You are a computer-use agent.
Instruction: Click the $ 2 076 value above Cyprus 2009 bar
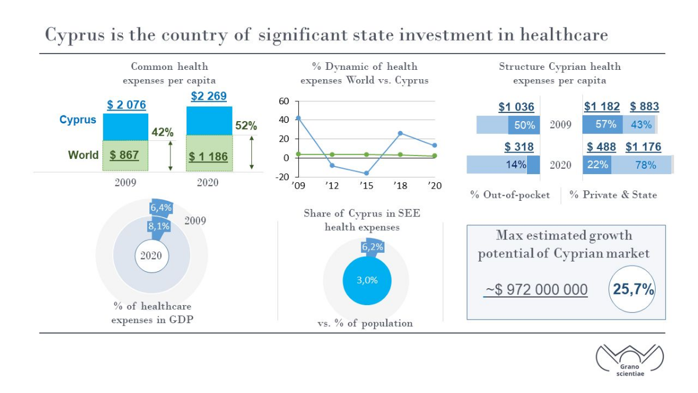(126, 105)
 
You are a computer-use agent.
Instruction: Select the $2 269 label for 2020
(209, 96)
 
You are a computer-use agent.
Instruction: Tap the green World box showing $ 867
(125, 155)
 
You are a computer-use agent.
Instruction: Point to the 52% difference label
(246, 125)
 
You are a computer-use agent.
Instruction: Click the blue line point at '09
(298, 118)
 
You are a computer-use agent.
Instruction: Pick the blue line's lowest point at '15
(366, 173)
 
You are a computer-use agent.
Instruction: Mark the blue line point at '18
(400, 133)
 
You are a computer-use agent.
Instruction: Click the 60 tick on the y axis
(284, 101)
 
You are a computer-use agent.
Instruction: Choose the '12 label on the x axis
(332, 186)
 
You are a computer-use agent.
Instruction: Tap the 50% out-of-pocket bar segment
(524, 125)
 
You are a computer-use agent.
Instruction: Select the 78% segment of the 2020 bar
(641, 165)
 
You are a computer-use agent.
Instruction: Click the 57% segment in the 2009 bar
(603, 125)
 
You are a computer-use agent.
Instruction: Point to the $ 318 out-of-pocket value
(519, 147)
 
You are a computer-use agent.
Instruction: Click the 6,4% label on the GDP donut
(161, 207)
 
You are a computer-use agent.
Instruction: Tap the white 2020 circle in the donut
(152, 256)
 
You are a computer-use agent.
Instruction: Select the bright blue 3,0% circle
(367, 281)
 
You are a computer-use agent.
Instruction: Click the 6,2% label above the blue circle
(372, 247)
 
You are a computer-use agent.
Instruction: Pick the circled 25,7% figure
(633, 289)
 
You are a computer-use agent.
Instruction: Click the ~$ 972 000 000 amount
(536, 290)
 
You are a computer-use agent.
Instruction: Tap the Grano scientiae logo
(630, 360)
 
